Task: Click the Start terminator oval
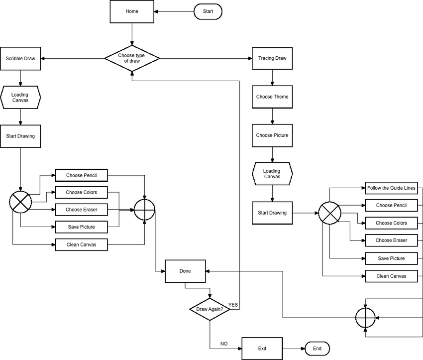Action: [208, 11]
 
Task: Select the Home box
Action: [132, 11]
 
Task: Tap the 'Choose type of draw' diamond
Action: [132, 58]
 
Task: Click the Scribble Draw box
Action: [20, 58]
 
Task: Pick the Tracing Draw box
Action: [272, 58]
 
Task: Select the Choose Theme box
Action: [272, 97]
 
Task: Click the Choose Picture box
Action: [272, 135]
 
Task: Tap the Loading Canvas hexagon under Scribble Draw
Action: [20, 97]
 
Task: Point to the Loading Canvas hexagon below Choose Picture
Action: [272, 173]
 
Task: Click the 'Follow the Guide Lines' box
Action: [391, 188]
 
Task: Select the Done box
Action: [185, 271]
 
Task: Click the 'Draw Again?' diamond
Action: [210, 309]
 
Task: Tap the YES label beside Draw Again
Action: [233, 304]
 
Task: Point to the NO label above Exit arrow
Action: [224, 344]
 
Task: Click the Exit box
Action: [262, 349]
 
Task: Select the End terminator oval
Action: [317, 349]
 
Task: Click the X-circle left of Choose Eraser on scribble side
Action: [20, 201]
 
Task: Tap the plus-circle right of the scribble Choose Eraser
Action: [145, 209]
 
